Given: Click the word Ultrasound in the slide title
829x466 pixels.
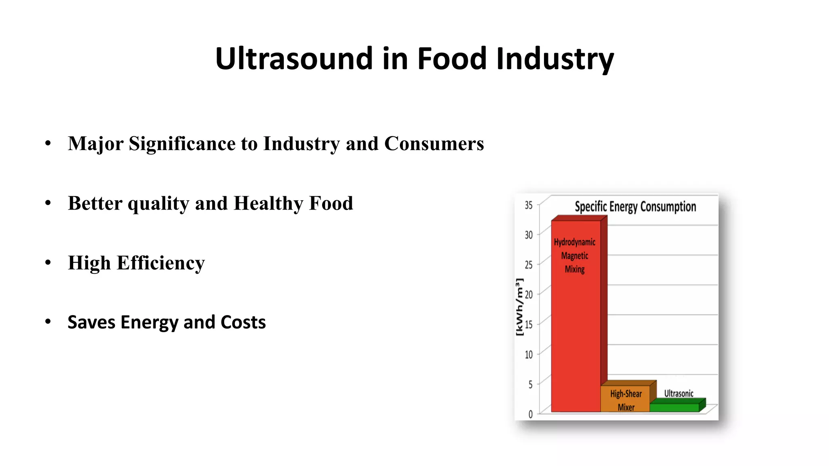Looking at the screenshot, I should [x=293, y=59].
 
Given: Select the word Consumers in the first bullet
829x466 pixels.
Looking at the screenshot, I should [x=434, y=144].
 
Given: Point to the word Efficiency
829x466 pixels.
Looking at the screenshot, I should [x=161, y=263].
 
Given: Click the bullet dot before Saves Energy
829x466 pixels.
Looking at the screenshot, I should [x=48, y=322].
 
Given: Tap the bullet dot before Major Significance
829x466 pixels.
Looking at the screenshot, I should [x=48, y=143].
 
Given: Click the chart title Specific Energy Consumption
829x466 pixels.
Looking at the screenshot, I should [x=635, y=207].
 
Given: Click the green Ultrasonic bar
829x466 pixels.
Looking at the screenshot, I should [x=674, y=407].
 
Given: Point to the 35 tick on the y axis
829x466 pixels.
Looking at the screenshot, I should [x=529, y=205].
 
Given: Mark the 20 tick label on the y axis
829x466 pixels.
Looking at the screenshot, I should [x=529, y=294].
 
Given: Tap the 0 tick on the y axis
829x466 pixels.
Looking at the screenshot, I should [x=530, y=414].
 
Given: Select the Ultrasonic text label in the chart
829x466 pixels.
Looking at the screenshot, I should [x=678, y=394].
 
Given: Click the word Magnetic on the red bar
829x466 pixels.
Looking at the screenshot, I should [x=574, y=256].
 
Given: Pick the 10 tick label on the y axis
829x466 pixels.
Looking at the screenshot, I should [x=529, y=355].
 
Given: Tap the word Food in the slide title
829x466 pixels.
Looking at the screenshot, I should [x=451, y=59].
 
